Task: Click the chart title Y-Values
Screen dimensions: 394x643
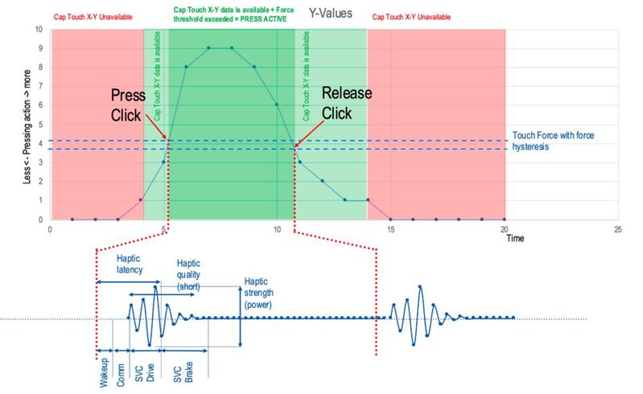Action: [331, 14]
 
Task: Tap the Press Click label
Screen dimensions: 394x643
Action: [128, 105]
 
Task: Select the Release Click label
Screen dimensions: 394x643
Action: [347, 102]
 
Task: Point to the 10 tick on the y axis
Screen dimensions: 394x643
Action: [38, 31]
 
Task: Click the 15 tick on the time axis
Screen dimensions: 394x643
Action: [391, 229]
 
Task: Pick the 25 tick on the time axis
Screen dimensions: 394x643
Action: [618, 229]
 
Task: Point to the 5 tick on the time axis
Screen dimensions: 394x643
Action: [163, 229]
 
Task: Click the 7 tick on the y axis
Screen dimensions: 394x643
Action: [39, 87]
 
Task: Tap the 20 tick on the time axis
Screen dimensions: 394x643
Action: [505, 229]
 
